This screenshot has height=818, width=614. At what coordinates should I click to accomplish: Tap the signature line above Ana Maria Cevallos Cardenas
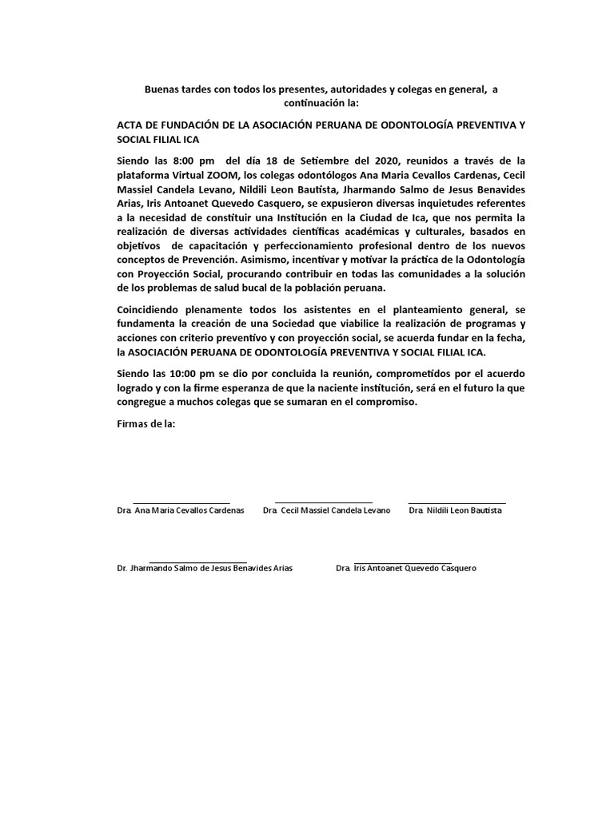click(x=181, y=502)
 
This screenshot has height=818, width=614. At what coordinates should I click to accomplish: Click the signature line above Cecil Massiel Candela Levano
click(x=323, y=502)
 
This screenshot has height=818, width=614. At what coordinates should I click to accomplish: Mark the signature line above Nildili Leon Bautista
click(x=457, y=502)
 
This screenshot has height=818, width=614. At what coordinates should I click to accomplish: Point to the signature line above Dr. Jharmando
click(x=198, y=561)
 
